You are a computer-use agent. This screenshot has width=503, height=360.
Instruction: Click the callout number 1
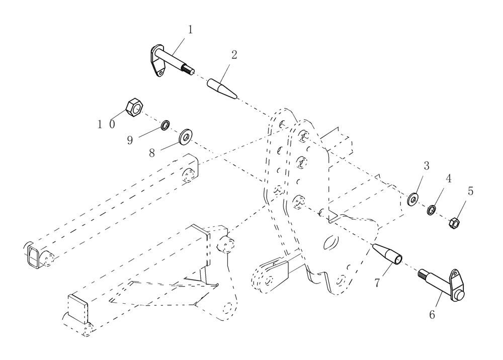coord(190,30)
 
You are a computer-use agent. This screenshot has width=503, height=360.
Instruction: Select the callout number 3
coord(426,166)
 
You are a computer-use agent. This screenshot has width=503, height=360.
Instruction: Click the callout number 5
coord(470,191)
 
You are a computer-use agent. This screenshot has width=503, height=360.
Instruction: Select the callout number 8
coord(152,153)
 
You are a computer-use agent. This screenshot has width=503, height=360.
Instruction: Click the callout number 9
coord(130,140)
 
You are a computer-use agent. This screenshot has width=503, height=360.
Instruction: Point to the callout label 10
coord(106,124)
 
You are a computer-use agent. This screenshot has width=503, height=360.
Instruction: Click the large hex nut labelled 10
coord(133,107)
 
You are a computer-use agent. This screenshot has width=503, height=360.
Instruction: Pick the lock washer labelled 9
coord(165,125)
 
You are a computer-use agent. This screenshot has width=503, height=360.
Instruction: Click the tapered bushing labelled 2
coord(222,89)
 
